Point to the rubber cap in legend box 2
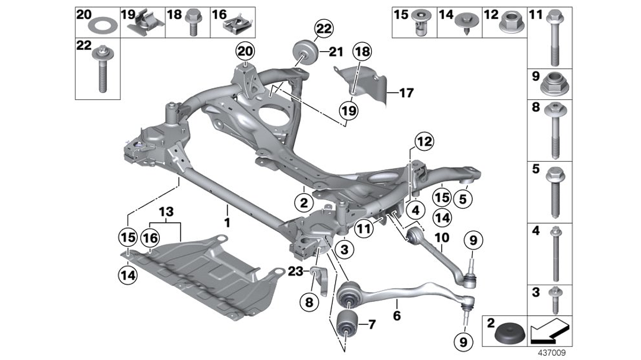[x=506, y=334]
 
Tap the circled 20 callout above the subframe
[x=245, y=52]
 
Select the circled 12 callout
[x=424, y=142]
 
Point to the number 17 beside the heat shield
[x=406, y=93]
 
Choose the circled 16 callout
[x=150, y=238]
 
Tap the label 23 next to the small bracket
[x=295, y=271]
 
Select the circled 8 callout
[x=308, y=302]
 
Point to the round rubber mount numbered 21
[x=305, y=51]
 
